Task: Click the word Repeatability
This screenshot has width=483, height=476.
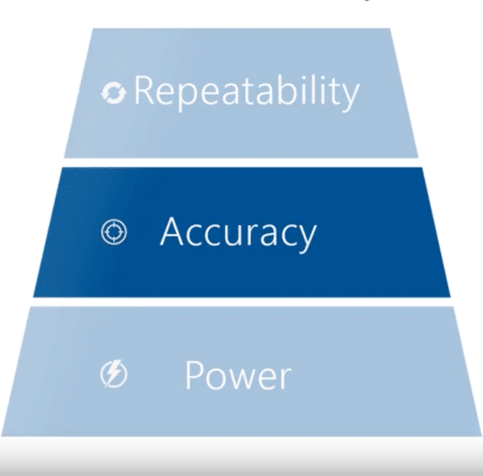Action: point(246,91)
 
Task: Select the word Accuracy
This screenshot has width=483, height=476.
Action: point(237,232)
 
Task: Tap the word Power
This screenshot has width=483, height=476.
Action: point(237,375)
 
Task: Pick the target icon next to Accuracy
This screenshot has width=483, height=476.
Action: point(116,232)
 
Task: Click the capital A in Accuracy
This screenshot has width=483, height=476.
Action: point(173,232)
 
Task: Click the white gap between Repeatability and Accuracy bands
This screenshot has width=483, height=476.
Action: point(241,161)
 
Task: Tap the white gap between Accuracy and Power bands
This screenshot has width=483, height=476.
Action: point(241,302)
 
